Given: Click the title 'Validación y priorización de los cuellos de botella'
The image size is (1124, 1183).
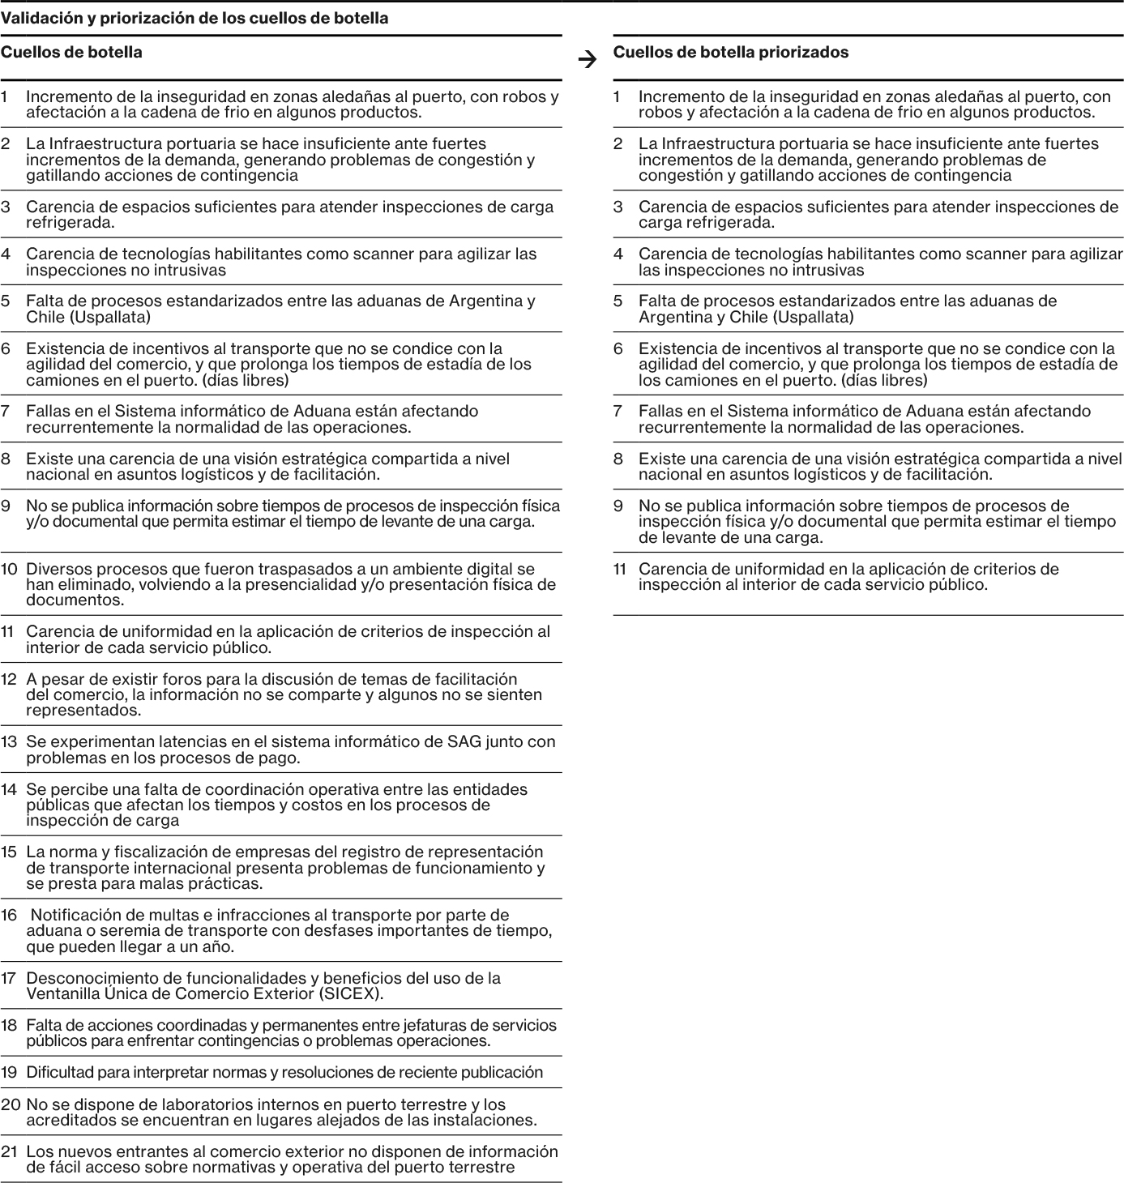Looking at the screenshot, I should pyautogui.click(x=194, y=18).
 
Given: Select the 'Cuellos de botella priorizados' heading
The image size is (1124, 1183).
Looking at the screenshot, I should pyautogui.click(x=730, y=53).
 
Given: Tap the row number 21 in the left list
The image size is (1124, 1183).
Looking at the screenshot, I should pyautogui.click(x=9, y=1151).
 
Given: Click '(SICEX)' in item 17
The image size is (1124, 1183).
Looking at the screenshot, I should pyautogui.click(x=352, y=993).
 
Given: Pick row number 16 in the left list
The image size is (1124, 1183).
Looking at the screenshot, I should pyautogui.click(x=9, y=915).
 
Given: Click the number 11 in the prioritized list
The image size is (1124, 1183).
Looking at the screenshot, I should pyautogui.click(x=620, y=569).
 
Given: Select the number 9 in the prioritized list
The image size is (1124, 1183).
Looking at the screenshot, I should pyautogui.click(x=618, y=506).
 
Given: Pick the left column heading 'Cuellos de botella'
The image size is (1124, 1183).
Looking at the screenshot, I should pyautogui.click(x=71, y=53).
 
